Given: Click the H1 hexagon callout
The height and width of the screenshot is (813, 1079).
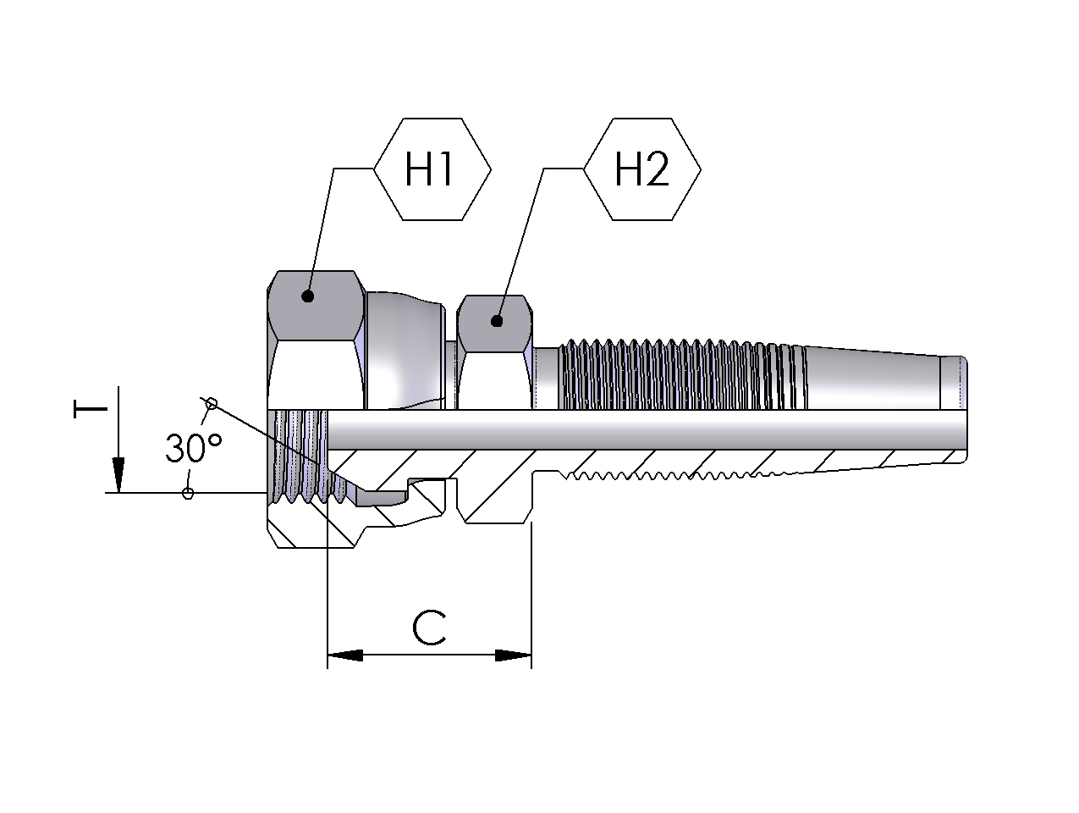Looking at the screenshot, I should coord(432,170).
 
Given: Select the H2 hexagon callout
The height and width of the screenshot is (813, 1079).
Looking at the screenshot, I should coord(641,170).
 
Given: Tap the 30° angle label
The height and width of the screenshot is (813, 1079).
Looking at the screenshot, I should coord(194,447).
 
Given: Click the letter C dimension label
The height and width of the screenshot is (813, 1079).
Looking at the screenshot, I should coord(429,628).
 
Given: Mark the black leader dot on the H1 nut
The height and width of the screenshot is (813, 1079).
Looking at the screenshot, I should coord(308,296).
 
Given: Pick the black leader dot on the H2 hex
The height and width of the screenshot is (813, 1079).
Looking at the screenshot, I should coord(497,321).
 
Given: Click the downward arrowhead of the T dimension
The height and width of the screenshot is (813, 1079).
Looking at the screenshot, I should coord(118,475).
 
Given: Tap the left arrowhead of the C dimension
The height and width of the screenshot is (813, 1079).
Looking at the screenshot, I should coord(344,655).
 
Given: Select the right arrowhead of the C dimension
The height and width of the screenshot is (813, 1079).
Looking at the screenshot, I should coord(514,655).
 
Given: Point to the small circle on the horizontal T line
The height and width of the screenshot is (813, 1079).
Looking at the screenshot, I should coord(188,493).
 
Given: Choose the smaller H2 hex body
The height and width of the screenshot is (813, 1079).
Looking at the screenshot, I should coord(495,364).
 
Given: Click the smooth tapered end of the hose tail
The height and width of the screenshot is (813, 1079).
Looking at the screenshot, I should coord(872,379).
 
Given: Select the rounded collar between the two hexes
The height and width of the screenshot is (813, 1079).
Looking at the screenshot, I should coord(406,347).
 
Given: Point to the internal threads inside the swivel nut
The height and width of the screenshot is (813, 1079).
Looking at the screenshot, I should coord(300,457).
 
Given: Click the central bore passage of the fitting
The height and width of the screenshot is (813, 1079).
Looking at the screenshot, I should coord(643,429).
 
